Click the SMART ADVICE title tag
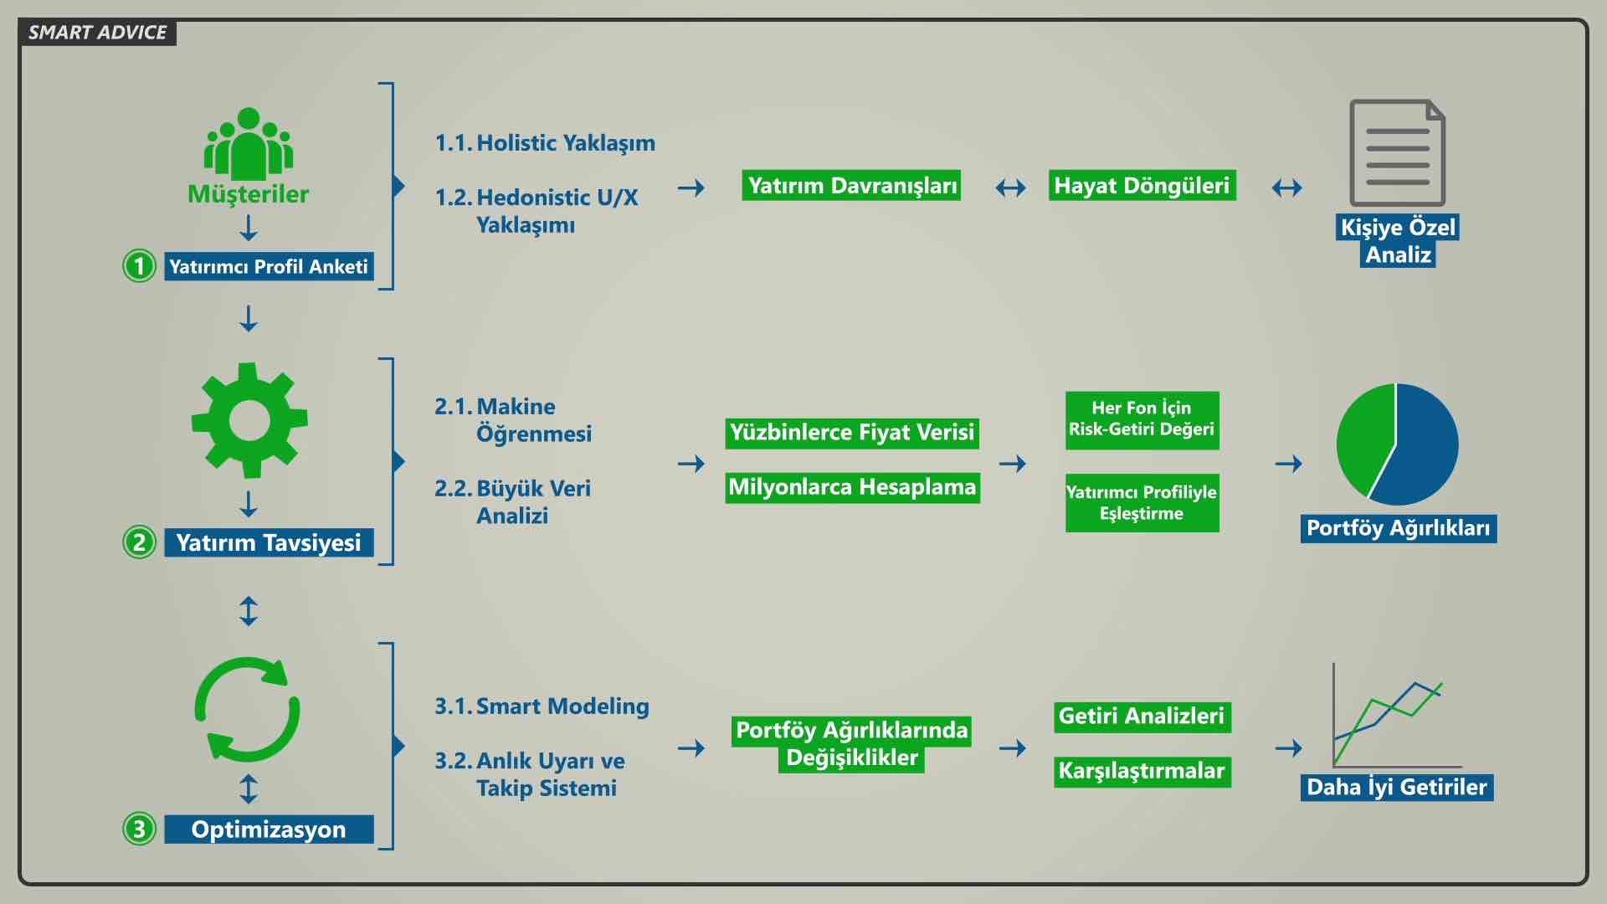(x=97, y=33)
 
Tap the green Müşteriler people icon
(x=249, y=144)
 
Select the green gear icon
(x=249, y=420)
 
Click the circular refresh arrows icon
(x=247, y=710)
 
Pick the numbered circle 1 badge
(x=139, y=266)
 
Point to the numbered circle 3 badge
(x=139, y=829)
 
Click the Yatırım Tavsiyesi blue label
(x=268, y=542)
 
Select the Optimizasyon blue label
(x=268, y=829)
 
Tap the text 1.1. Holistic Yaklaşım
(x=545, y=143)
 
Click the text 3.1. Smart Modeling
(x=542, y=706)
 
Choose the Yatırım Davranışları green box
(x=851, y=186)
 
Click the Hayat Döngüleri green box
(x=1142, y=186)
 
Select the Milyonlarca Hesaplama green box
(x=852, y=487)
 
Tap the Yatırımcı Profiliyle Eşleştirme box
(x=1142, y=502)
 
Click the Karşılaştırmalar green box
(x=1142, y=771)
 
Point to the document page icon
(x=1397, y=152)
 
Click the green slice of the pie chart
(x=1363, y=439)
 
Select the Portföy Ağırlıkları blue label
(x=1398, y=528)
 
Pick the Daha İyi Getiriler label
(x=1396, y=787)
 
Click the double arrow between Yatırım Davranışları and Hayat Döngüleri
(x=1010, y=187)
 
